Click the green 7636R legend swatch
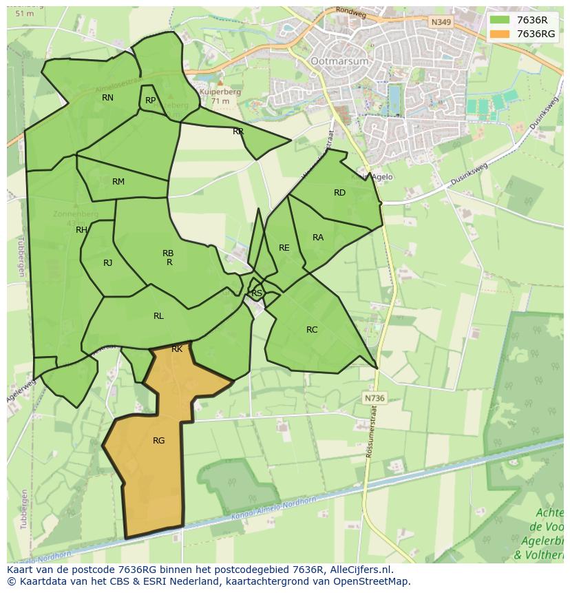click(x=500, y=20)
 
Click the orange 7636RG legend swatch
click(x=500, y=34)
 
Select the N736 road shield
click(x=374, y=398)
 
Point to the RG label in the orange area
click(x=158, y=441)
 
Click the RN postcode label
click(x=107, y=98)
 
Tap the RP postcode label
click(x=150, y=101)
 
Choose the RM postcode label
click(x=118, y=182)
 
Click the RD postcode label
click(x=339, y=193)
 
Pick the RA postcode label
click(x=317, y=238)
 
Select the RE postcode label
click(x=284, y=248)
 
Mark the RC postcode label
click(x=312, y=330)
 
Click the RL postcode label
click(x=158, y=316)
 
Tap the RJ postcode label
click(x=107, y=263)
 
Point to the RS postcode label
click(x=256, y=293)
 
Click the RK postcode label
click(x=177, y=349)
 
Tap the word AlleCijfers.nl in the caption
click(x=361, y=570)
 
